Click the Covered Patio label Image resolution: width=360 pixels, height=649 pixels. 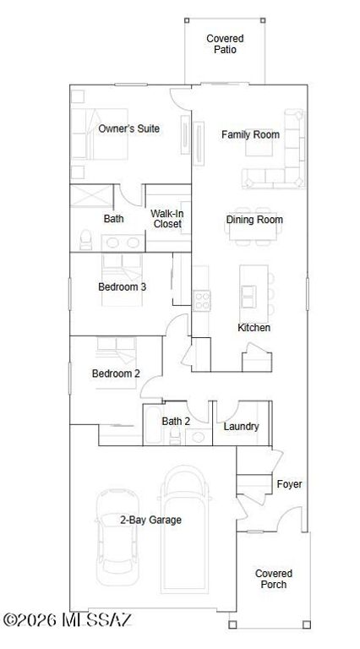pos(225,44)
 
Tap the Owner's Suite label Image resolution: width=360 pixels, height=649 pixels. pos(129,128)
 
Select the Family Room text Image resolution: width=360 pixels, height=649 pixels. pos(250,134)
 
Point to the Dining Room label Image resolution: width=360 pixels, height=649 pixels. pos(254,220)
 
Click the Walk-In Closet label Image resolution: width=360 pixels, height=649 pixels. pos(167,219)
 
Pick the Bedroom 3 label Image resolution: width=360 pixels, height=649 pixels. pos(123,286)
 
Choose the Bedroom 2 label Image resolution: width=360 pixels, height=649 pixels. pos(116,373)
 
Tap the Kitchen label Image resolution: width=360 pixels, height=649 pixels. pos(254,327)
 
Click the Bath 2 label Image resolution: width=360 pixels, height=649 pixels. pos(176,420)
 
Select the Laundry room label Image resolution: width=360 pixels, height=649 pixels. pos(241,427)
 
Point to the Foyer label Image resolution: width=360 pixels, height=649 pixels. pos(289,484)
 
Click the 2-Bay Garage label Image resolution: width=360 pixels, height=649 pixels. pos(150,520)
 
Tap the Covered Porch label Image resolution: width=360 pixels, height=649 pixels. pos(271,579)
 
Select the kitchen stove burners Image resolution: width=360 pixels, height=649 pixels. pos(202,299)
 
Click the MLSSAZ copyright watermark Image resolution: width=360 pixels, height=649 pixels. pos(67,620)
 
